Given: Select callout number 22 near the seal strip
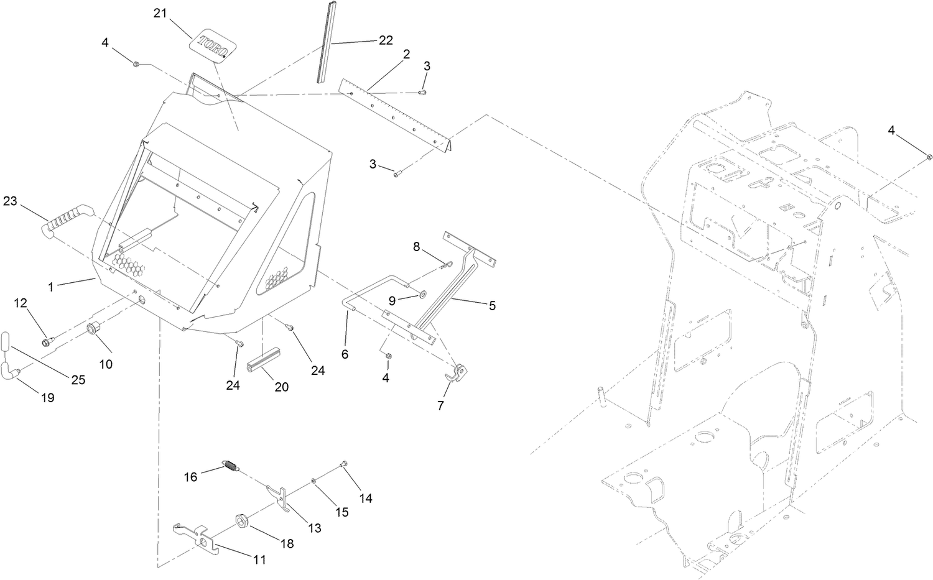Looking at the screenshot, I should coord(386,40).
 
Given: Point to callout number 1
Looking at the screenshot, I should coord(52,287).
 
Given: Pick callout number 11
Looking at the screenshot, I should coord(259,559).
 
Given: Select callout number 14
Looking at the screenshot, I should coord(366,498).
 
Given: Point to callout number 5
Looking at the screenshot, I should coord(492,306).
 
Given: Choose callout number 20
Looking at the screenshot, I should coord(282,387).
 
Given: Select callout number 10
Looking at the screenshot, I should coord(106,364).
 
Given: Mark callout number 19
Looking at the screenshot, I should coord(48,398).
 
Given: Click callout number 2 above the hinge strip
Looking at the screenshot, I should coord(406,54).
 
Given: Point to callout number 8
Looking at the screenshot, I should coord(417,246).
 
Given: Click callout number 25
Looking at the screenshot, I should coord(78,380).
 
